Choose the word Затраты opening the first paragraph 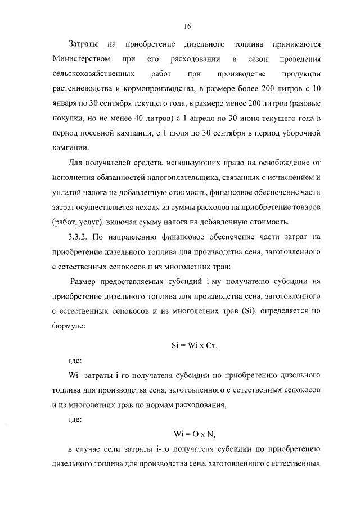click(x=83, y=44)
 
